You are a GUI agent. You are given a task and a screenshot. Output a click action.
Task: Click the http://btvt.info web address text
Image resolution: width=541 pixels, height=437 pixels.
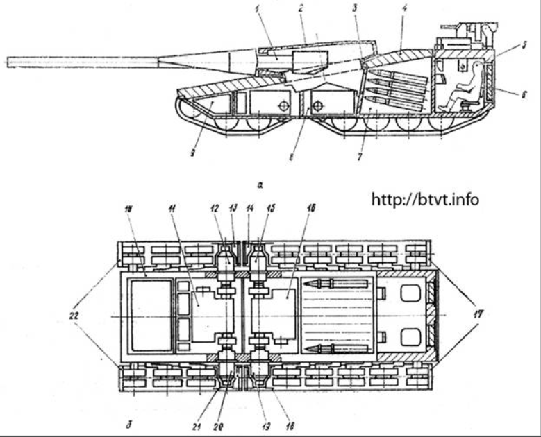(x=425, y=200)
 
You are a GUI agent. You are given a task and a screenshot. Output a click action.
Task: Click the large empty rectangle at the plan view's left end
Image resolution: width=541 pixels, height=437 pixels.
(x=147, y=316)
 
